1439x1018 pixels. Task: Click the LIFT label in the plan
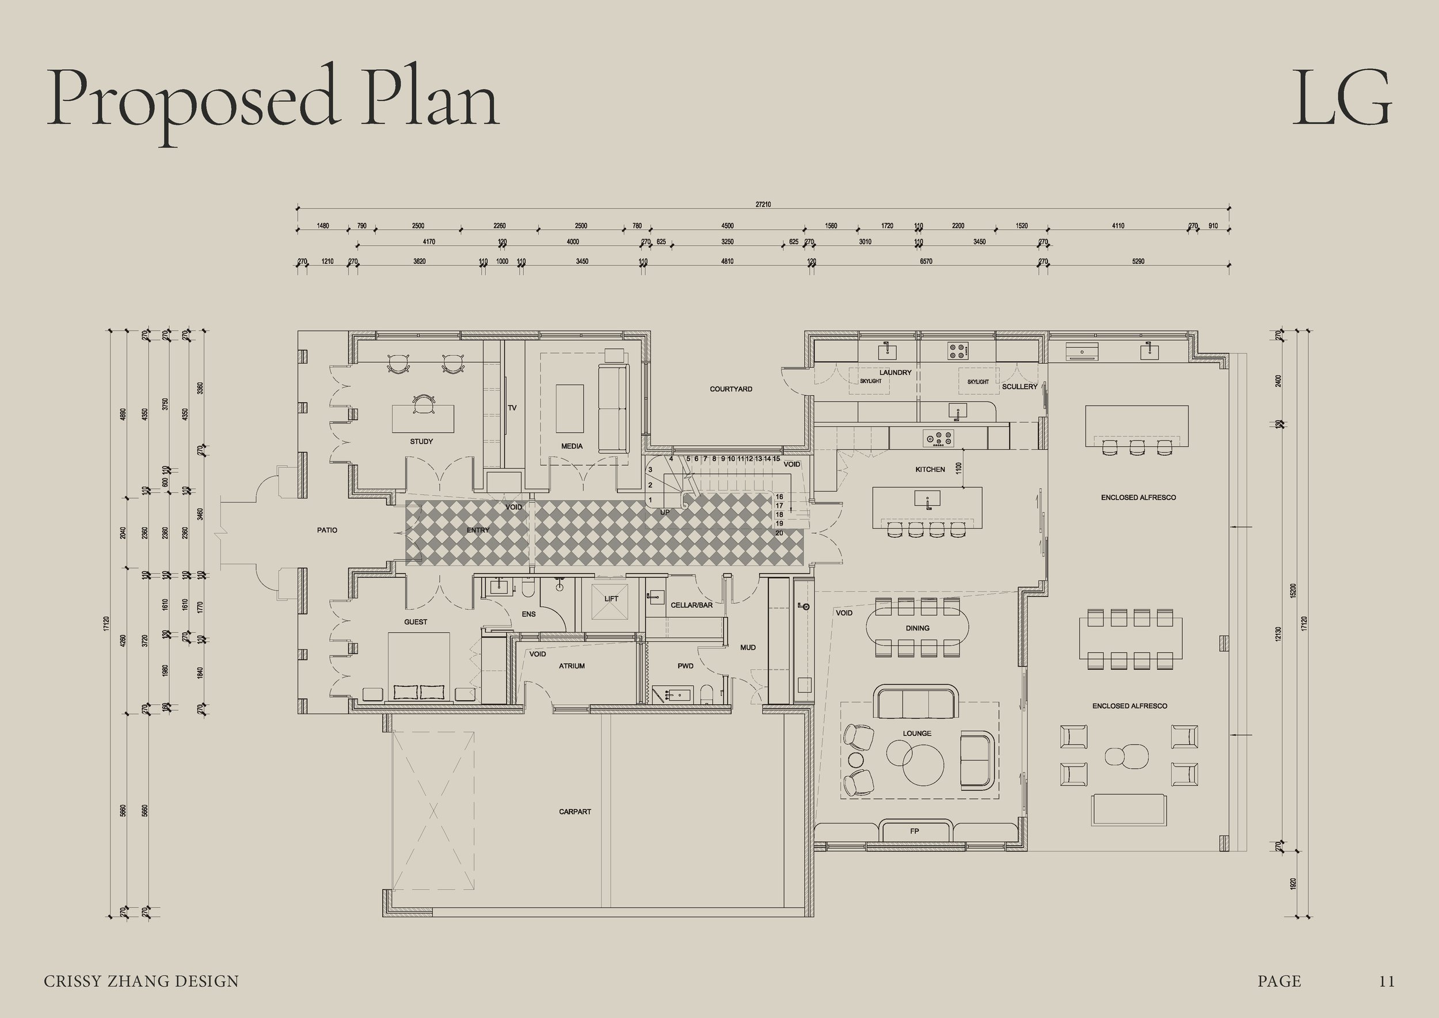(611, 599)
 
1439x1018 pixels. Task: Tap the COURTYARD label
(731, 389)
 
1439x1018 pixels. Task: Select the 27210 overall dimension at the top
(763, 204)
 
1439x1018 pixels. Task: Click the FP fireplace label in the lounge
(915, 831)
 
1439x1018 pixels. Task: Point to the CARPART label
(574, 812)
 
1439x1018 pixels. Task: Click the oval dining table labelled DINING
(917, 628)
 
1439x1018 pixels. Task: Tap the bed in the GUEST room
(418, 664)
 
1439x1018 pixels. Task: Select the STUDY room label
(421, 441)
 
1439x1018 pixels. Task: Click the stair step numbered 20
(779, 533)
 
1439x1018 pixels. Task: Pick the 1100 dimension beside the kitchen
(958, 468)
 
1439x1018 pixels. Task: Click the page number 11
(1387, 981)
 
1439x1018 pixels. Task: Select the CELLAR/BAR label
(691, 606)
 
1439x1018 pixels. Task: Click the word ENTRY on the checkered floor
(478, 530)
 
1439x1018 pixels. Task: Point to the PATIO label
(326, 530)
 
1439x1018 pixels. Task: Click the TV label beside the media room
(512, 408)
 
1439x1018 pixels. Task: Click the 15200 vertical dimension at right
(1293, 591)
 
